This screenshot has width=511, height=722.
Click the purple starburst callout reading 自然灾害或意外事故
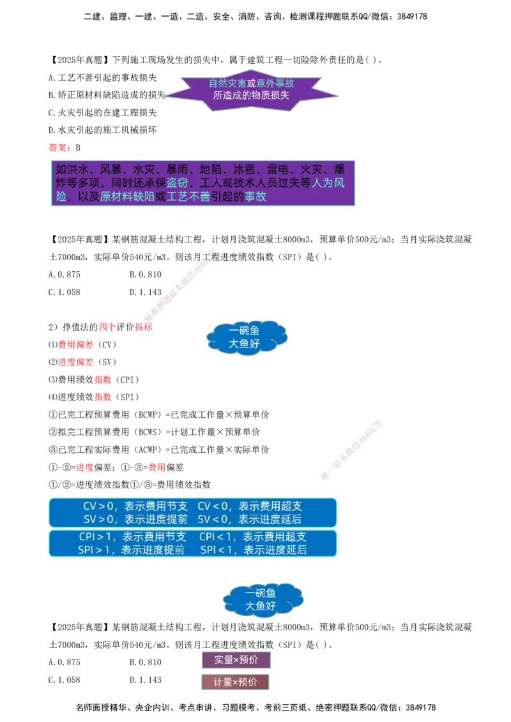[x=252, y=91]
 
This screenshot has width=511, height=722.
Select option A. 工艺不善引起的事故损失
[x=102, y=77]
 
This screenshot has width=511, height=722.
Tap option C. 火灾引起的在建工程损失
[x=102, y=112]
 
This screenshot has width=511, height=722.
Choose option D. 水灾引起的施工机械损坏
[x=102, y=130]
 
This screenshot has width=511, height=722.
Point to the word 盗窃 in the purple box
[x=177, y=183]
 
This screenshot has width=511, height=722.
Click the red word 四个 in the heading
[x=107, y=327]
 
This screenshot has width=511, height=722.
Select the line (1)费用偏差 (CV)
[x=82, y=344]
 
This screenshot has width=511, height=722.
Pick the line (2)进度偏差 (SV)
[x=82, y=362]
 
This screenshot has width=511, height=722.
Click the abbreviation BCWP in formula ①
[x=148, y=415]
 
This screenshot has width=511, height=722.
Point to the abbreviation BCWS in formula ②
[x=148, y=432]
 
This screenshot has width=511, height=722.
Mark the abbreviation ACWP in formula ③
[x=148, y=450]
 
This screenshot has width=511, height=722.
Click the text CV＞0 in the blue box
[x=98, y=506]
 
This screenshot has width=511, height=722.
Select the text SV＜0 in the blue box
[x=213, y=519]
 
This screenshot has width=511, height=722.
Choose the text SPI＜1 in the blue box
[x=217, y=550]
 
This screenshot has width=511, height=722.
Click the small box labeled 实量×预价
[x=236, y=660]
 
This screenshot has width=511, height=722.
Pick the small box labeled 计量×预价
[x=235, y=682]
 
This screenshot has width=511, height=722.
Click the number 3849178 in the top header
[x=412, y=17]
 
